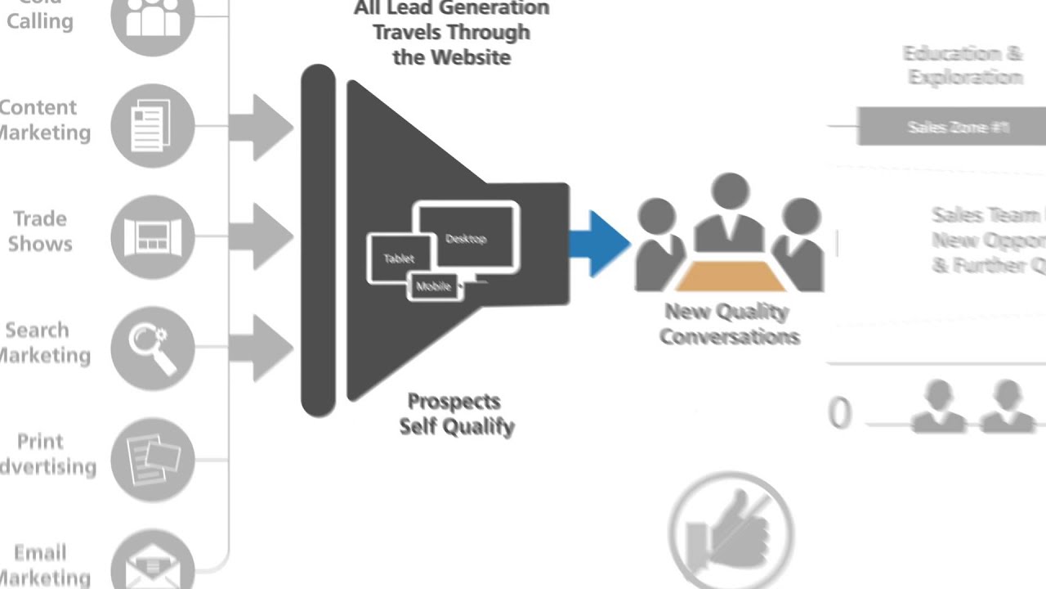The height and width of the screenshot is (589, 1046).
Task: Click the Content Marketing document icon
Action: pyautogui.click(x=152, y=125)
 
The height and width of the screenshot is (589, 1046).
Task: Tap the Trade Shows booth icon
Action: pyautogui.click(x=152, y=237)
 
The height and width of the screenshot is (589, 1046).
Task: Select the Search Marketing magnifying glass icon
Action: pyautogui.click(x=152, y=348)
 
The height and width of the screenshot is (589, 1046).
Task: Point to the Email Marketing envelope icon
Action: pyautogui.click(x=152, y=564)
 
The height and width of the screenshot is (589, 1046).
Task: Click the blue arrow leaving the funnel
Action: pyautogui.click(x=599, y=243)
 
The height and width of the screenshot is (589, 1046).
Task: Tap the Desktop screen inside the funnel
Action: pyautogui.click(x=468, y=237)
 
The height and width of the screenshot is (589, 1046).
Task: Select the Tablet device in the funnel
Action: pyautogui.click(x=398, y=258)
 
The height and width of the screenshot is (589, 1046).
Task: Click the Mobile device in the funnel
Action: pyautogui.click(x=434, y=286)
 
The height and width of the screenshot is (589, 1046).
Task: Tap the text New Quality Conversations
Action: pyautogui.click(x=728, y=324)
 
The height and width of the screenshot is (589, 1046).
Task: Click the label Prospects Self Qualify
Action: pyautogui.click(x=456, y=414)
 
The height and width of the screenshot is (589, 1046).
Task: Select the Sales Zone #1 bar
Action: pyautogui.click(x=951, y=127)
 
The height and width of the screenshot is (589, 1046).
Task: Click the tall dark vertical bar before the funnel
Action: pyautogui.click(x=318, y=241)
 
